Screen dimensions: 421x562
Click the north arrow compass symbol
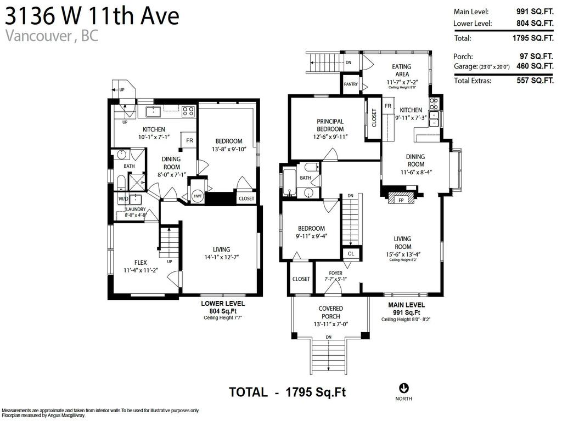pyautogui.click(x=404, y=388)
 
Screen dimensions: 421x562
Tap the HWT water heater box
pyautogui.click(x=197, y=196)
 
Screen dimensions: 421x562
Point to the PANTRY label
pyautogui.click(x=351, y=84)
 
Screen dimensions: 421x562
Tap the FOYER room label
pyautogui.click(x=336, y=273)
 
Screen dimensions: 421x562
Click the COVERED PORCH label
pyautogui.click(x=330, y=312)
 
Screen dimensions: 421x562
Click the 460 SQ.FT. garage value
pyautogui.click(x=534, y=66)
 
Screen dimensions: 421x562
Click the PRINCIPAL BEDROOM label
pyautogui.click(x=330, y=125)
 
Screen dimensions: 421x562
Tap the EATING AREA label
pyautogui.click(x=401, y=70)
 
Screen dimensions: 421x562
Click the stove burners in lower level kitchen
pyautogui.click(x=188, y=111)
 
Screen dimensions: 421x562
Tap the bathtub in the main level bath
pyautogui.click(x=289, y=182)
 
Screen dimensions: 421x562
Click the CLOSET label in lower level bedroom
pyautogui.click(x=246, y=198)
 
